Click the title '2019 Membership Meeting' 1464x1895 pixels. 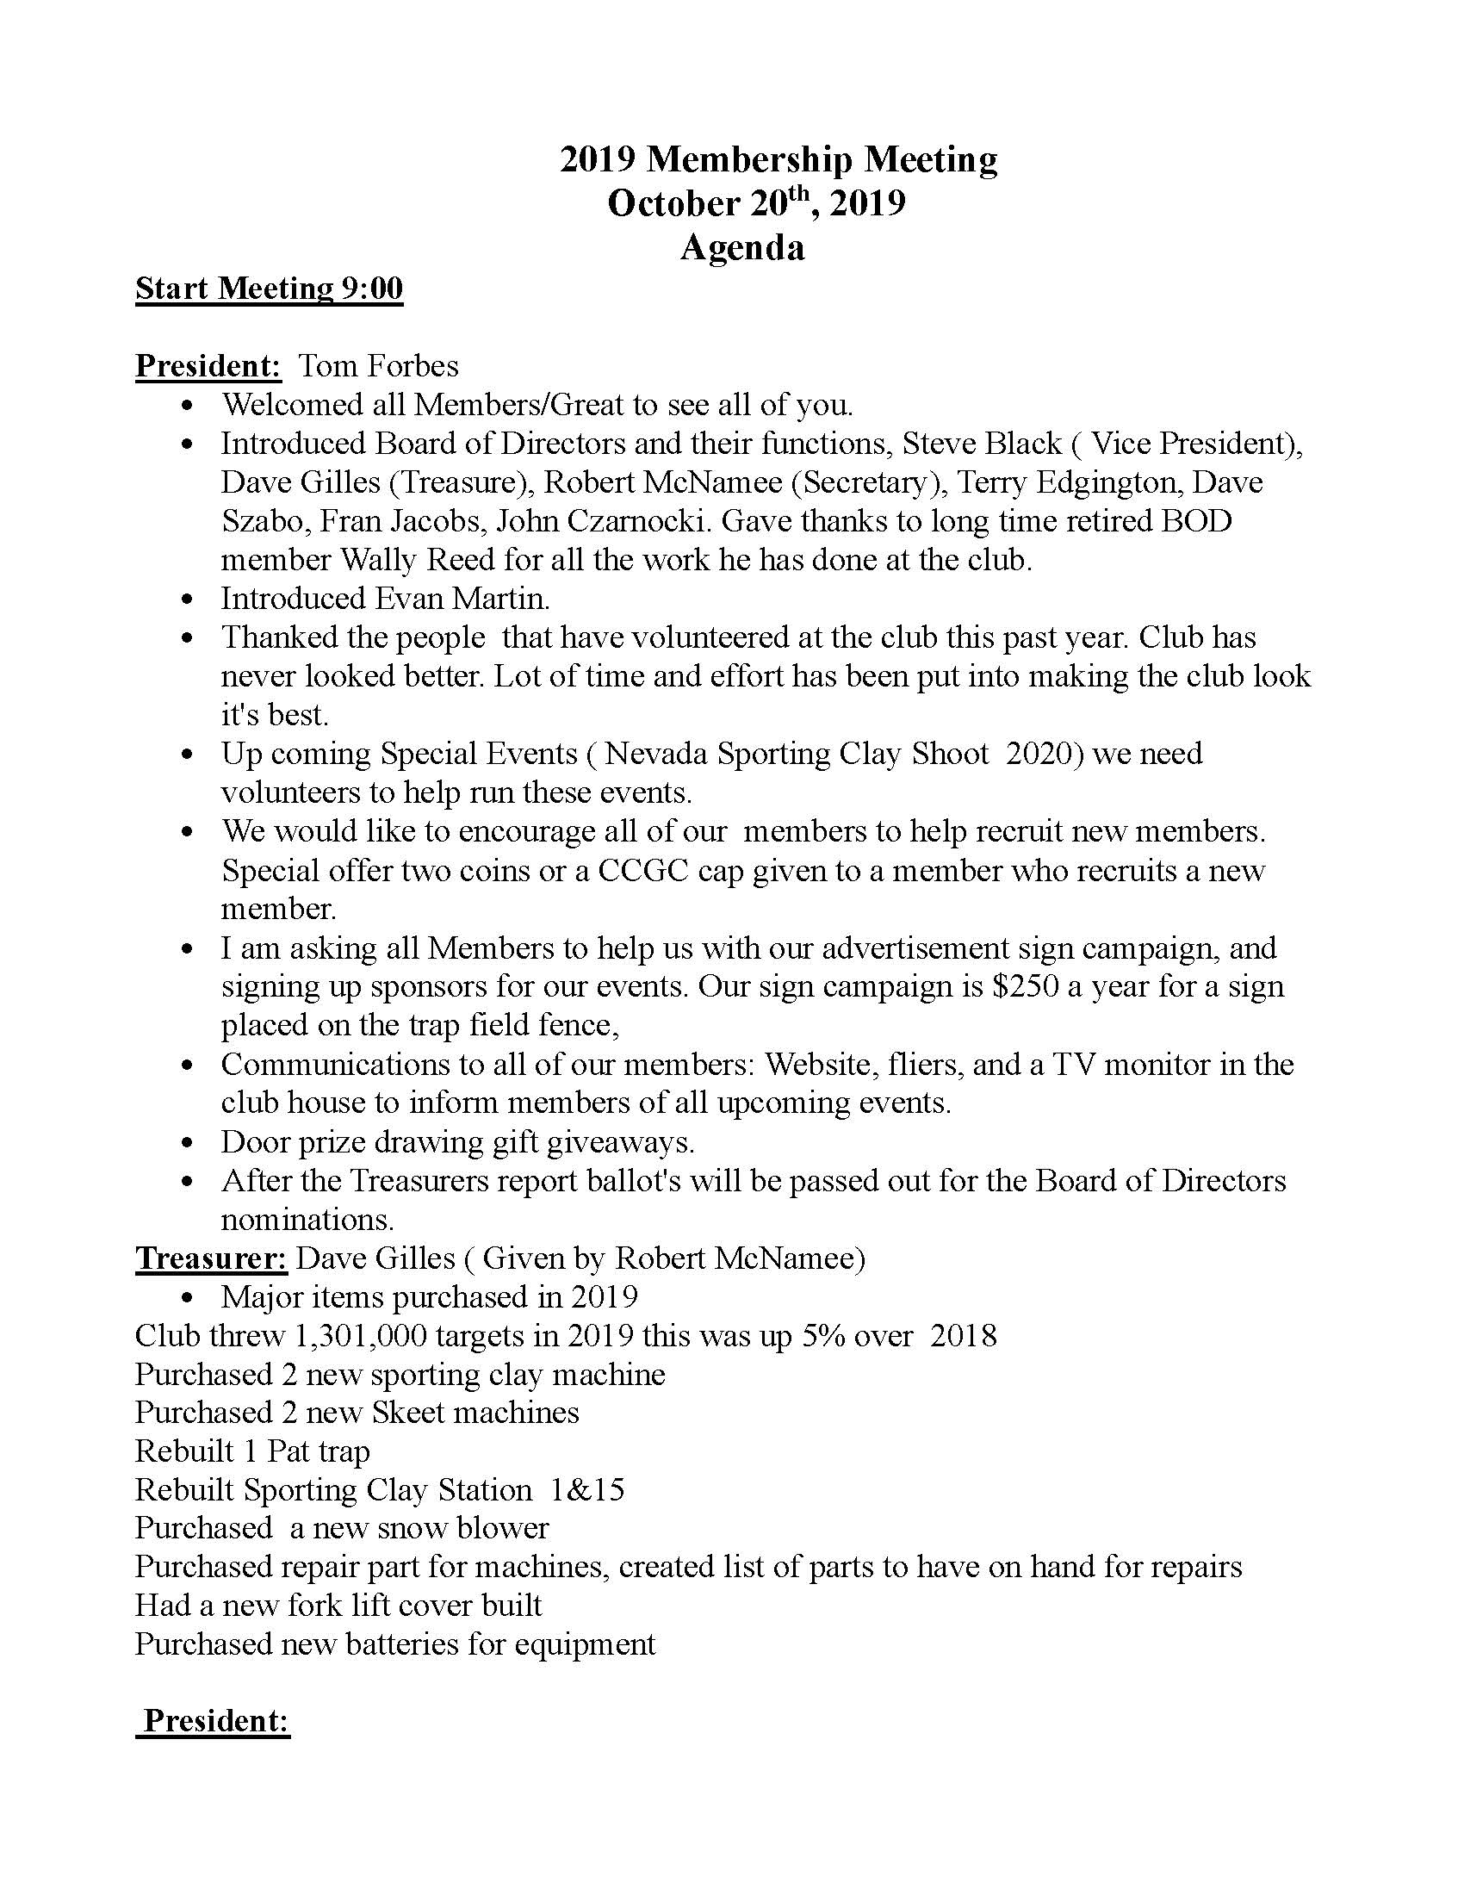coord(778,159)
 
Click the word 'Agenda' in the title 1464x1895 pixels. coord(741,247)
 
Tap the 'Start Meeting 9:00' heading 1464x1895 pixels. coord(269,288)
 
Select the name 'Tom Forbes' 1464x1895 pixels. coord(378,365)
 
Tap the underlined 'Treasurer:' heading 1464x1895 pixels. coord(211,1258)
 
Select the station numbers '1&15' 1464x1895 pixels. coord(587,1490)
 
